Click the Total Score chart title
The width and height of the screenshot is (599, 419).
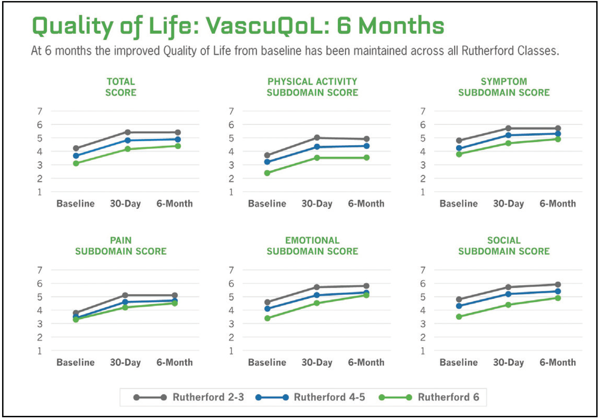coord(121,87)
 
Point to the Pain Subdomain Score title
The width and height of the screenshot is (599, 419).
coord(121,246)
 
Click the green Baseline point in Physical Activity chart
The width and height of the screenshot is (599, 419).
coord(267,173)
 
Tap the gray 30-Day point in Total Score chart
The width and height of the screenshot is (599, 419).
coord(128,132)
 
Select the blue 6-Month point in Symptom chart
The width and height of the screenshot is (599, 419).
coord(558,134)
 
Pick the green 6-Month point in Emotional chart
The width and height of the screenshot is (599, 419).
coord(366,295)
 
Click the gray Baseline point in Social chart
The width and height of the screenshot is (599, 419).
coord(459,299)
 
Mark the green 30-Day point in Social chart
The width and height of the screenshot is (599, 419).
coord(508,305)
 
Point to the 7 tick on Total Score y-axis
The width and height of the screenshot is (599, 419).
coord(40,111)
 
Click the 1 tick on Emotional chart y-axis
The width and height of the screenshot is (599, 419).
coord(231,351)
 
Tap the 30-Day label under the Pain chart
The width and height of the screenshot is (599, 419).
coord(125,363)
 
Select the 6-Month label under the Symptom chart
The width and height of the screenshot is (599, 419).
coord(558,204)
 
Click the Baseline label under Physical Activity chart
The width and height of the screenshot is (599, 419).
coord(267,204)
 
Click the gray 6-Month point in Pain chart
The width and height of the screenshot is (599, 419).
coord(175,295)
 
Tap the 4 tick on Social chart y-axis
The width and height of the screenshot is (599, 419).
coord(423,310)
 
